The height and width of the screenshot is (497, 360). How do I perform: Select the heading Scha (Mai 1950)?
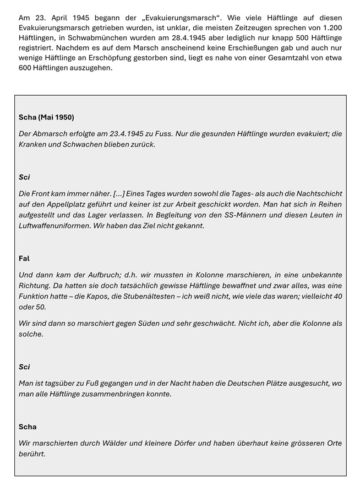point(46,117)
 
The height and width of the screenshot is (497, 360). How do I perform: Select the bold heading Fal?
point(24,258)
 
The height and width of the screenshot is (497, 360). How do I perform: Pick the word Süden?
point(136,323)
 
